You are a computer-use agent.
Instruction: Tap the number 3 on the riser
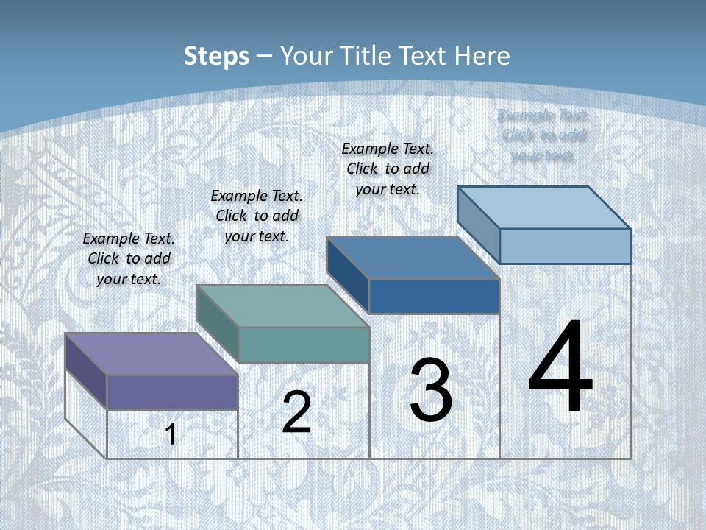(x=431, y=390)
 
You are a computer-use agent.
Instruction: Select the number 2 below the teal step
(x=297, y=412)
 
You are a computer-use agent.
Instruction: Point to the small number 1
(x=171, y=434)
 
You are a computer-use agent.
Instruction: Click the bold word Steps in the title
(x=216, y=56)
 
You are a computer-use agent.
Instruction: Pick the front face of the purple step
(x=172, y=392)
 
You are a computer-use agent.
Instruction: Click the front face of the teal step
(x=304, y=344)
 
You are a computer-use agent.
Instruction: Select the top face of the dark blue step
(x=413, y=258)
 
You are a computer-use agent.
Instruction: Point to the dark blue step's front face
(x=434, y=296)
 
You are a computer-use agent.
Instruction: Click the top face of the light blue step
(x=543, y=208)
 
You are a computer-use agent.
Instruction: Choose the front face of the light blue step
(x=565, y=246)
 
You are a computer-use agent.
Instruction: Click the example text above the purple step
(x=129, y=258)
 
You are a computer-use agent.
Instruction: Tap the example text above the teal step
(x=257, y=216)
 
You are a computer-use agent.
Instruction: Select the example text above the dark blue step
(x=388, y=169)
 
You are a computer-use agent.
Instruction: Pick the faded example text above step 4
(x=543, y=135)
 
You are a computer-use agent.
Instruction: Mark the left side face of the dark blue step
(x=347, y=273)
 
